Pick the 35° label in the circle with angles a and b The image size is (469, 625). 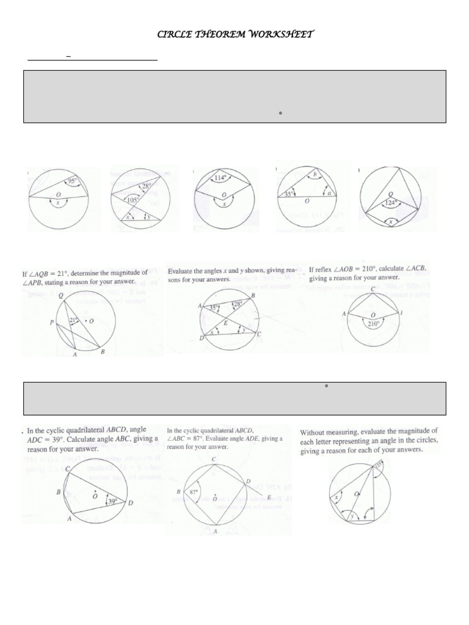[289, 195]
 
